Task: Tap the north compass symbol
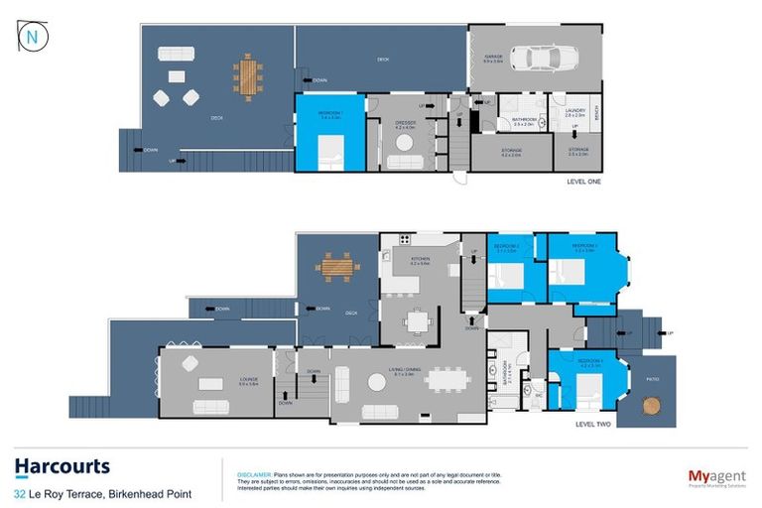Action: coord(33,36)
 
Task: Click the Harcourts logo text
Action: coord(62,466)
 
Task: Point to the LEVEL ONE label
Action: coord(581,182)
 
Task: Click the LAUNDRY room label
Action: coord(574,110)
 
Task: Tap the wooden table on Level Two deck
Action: coord(332,266)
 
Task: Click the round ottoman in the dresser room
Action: coord(404,143)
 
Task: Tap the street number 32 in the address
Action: coord(20,493)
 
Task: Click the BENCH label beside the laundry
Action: coord(595,114)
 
